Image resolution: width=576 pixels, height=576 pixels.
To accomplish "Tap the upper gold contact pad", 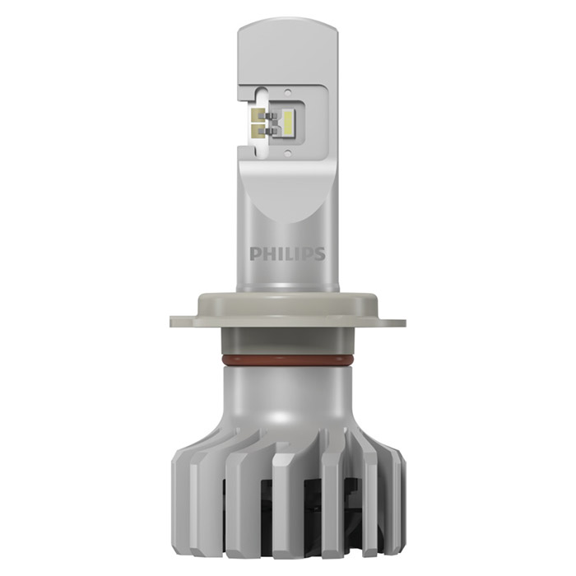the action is pos(256,115).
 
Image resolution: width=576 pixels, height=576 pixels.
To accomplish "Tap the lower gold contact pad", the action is pos(256,130).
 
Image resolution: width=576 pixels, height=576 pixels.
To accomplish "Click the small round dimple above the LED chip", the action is pos(288,91).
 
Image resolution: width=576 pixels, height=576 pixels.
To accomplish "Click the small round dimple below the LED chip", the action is pos(288,151).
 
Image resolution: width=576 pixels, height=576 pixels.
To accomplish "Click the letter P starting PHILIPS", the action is pos(255,253).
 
